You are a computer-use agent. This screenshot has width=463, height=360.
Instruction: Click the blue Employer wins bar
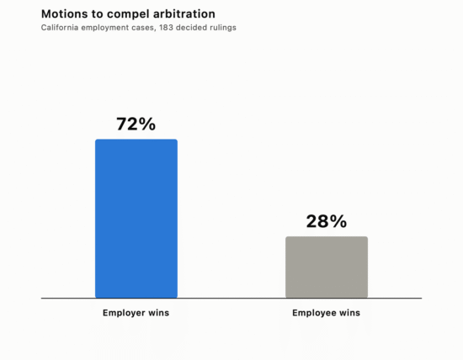[x=136, y=219]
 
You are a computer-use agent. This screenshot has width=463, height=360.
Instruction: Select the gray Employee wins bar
[x=327, y=267]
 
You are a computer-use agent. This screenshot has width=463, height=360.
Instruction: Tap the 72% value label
[x=136, y=124]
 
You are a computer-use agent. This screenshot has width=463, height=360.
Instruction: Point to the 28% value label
[x=327, y=221]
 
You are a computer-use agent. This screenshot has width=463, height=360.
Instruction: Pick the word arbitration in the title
[x=184, y=13]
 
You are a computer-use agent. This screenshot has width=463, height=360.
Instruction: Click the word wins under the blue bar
[x=158, y=313]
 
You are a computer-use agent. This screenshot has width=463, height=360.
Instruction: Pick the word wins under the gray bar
[x=349, y=313]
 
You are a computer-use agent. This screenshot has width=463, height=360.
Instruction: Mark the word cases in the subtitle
[x=146, y=28]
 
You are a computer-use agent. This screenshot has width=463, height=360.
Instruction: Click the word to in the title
[x=97, y=14]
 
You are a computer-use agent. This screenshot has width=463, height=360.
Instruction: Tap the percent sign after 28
[x=338, y=221]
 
